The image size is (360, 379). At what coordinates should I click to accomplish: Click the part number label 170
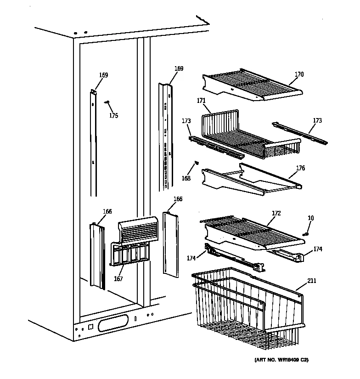coord(299,74)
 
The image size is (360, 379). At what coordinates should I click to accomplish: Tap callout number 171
coord(201,101)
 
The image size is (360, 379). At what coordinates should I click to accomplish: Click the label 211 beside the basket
coord(312,281)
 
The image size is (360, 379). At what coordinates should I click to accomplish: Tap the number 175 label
coord(113,116)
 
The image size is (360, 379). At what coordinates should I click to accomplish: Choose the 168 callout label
coord(186,178)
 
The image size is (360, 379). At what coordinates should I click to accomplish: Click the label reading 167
coord(118,279)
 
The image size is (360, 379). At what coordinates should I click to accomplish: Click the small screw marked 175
coord(107,103)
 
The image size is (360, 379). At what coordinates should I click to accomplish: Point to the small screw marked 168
coord(197,162)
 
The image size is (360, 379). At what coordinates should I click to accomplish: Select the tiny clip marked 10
coord(305,233)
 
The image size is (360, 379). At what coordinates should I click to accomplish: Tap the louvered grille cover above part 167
coord(138,229)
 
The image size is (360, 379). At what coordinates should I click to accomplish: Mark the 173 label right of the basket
coord(317,121)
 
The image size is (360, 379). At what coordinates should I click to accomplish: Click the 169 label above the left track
coord(104,75)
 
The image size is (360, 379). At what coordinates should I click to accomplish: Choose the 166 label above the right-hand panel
coord(178,199)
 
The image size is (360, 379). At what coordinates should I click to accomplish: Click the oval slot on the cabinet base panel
coord(113,325)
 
